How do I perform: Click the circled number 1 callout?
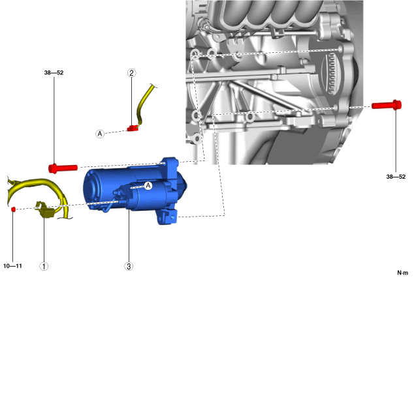[44, 266]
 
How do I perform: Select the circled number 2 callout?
[131, 73]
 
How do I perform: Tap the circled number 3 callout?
[129, 266]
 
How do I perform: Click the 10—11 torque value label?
[12, 266]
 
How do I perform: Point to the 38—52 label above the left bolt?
[54, 72]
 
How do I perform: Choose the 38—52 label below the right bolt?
[396, 177]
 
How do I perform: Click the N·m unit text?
[403, 273]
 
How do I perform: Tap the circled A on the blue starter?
[148, 186]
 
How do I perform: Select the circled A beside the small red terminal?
[99, 134]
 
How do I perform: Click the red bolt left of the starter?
[63, 168]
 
